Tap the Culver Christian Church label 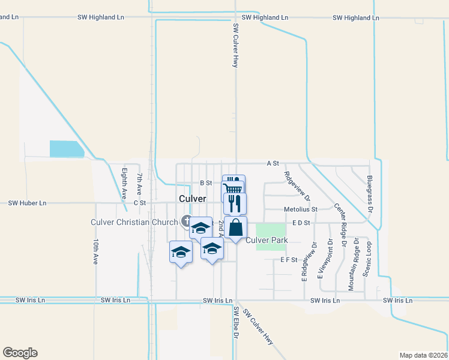(134, 222)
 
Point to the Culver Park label (267, 240)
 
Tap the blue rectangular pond (66, 149)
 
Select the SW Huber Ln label (27, 203)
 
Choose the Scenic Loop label (367, 259)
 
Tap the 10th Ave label (95, 251)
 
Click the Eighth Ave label (124, 183)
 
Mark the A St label (273, 163)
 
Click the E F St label (289, 260)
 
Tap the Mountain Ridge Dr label (355, 261)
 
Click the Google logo (20, 353)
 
